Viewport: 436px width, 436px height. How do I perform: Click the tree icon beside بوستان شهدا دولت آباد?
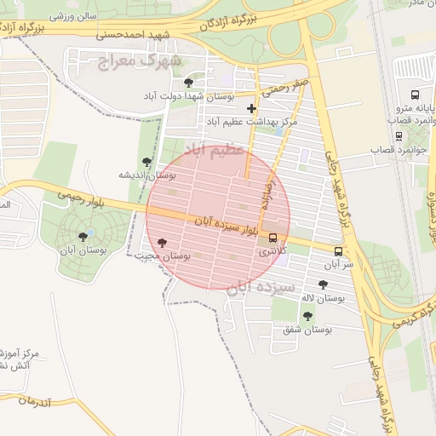tap(188, 82)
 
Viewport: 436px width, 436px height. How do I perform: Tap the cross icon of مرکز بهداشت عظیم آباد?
tap(251, 108)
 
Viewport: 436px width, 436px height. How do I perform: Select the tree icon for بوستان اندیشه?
tap(147, 161)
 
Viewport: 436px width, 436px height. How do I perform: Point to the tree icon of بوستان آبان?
tap(83, 236)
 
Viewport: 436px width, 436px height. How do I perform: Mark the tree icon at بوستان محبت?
tap(163, 243)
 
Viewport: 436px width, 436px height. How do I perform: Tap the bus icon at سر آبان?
tap(338, 251)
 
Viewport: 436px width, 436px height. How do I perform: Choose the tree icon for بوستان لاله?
tap(323, 284)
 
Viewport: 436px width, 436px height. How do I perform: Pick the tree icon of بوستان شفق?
tap(307, 315)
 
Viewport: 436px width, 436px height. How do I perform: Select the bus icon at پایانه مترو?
tap(415, 95)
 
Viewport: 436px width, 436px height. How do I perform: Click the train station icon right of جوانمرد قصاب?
tap(399, 135)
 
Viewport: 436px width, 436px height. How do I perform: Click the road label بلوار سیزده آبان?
tap(225, 225)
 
